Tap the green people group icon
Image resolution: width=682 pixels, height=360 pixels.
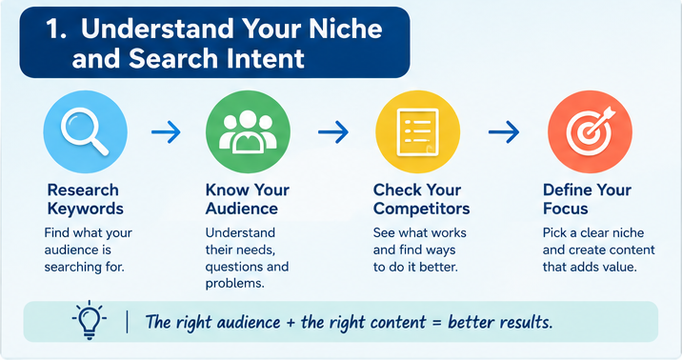click(x=248, y=131)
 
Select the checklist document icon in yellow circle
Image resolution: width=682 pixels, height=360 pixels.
click(x=417, y=132)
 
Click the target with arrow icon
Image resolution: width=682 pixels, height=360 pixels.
click(x=590, y=130)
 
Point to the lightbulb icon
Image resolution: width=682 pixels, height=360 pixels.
click(x=90, y=320)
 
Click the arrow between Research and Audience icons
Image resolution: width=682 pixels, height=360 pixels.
click(x=166, y=131)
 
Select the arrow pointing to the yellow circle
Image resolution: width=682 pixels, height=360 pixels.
click(x=333, y=131)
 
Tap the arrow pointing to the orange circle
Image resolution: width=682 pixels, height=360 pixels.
click(x=504, y=131)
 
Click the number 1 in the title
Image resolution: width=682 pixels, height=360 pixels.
click(x=56, y=30)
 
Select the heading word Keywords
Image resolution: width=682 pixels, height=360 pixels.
click(x=86, y=209)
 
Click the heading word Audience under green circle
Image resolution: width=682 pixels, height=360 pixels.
click(x=241, y=209)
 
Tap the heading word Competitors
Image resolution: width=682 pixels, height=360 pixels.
click(x=421, y=209)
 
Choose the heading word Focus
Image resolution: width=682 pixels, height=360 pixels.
click(x=566, y=209)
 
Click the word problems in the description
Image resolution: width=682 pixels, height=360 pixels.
click(x=235, y=284)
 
